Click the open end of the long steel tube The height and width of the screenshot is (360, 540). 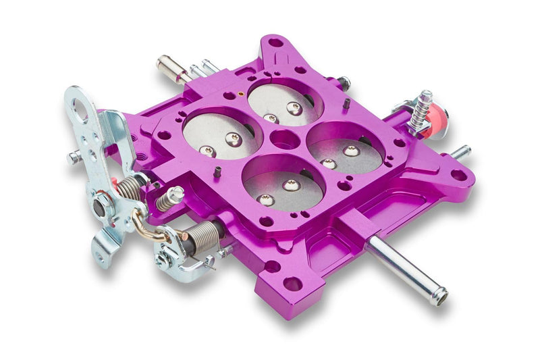(439, 296)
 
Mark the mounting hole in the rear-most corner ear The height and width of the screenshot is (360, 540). (275, 43)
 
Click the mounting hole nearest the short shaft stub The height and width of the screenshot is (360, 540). (458, 175)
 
